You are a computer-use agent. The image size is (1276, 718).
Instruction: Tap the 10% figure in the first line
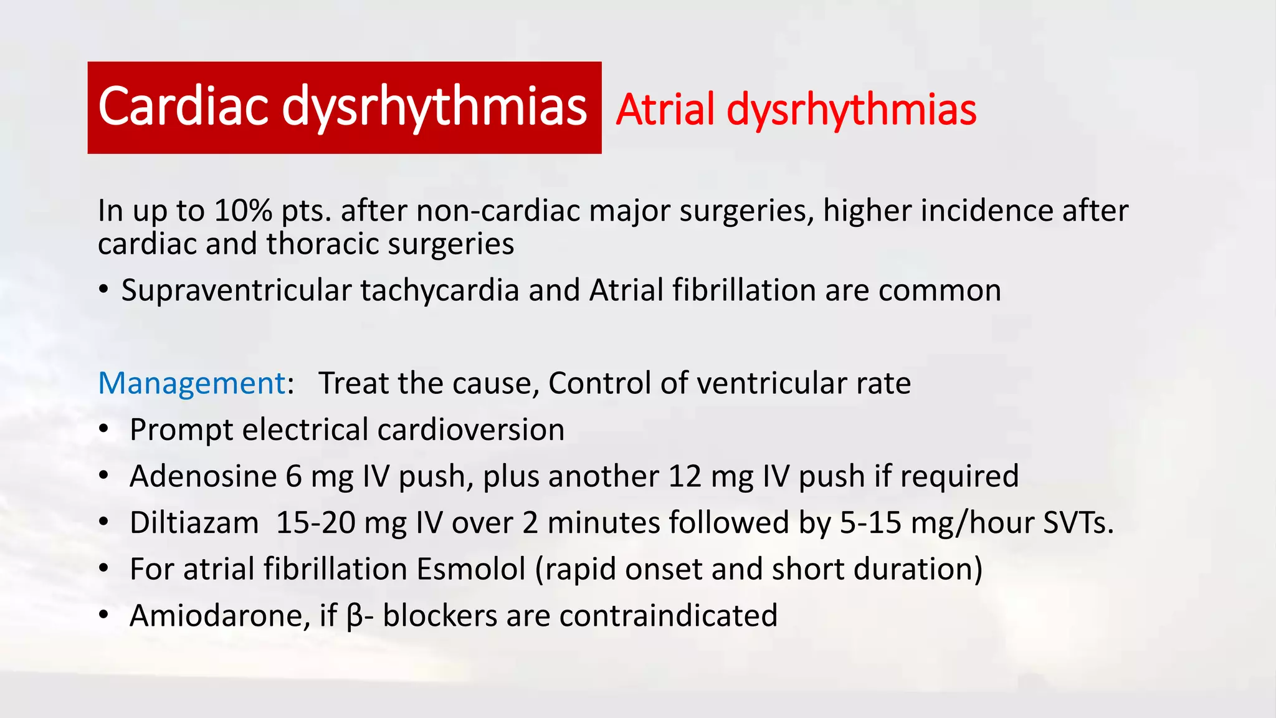coord(243,211)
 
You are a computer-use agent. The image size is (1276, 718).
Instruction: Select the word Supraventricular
coord(236,290)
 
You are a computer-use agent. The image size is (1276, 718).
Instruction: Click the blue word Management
coord(192,383)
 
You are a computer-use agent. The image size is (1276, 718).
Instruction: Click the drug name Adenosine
coord(203,476)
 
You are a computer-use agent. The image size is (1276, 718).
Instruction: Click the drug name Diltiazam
coord(194,522)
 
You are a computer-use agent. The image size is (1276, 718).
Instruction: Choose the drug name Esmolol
coord(471,569)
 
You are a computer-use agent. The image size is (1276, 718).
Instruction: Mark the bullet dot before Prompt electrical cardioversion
coord(104,429)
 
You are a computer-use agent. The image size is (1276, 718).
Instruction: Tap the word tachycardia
coord(439,290)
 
